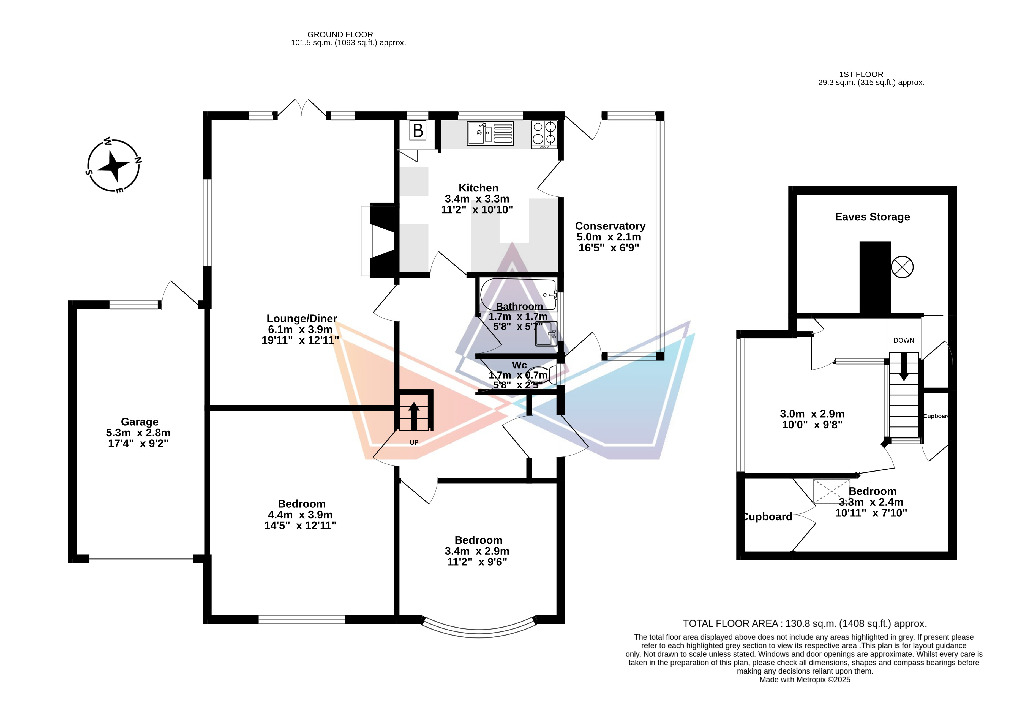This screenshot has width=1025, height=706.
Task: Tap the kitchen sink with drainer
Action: point(490,133)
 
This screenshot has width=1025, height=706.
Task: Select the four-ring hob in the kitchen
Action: point(544,134)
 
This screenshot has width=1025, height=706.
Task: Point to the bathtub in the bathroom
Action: point(518,295)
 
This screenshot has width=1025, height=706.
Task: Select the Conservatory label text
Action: point(610,226)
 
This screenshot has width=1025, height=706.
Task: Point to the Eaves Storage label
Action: point(872,217)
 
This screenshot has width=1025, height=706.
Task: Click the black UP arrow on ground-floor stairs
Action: point(414,416)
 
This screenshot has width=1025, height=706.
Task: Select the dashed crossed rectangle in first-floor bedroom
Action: point(832,491)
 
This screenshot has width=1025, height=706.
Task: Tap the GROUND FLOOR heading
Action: point(340,34)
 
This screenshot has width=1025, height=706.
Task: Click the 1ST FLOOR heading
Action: point(861,74)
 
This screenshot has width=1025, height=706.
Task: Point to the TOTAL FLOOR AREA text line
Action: point(805,624)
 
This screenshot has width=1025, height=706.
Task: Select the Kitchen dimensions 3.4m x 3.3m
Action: point(477,199)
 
